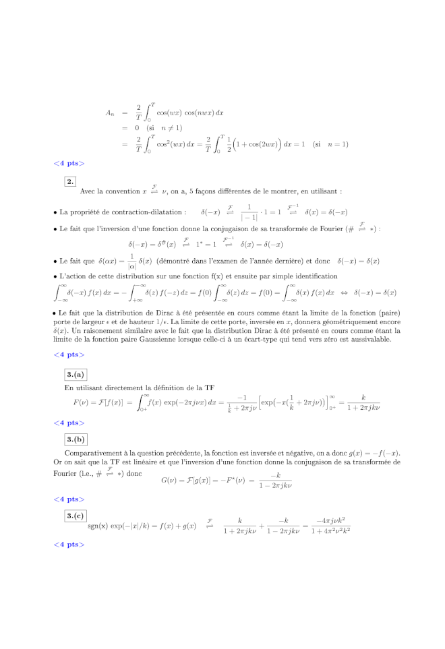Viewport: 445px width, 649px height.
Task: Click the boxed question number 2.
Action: click(70, 181)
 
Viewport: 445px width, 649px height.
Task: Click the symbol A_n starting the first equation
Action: click(110, 113)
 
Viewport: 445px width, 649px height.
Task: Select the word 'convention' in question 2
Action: click(123, 192)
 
